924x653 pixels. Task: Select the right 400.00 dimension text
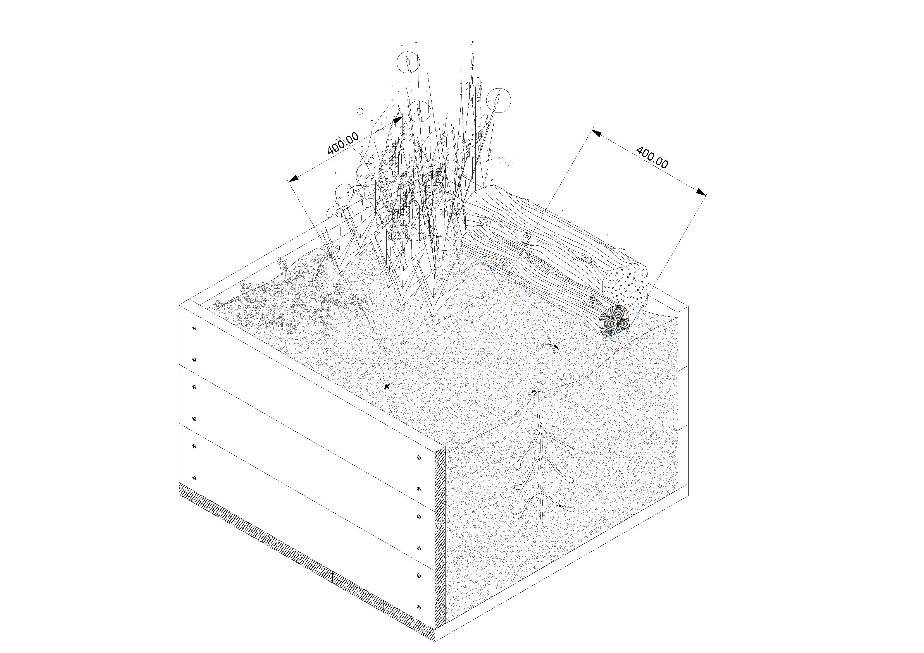tap(652, 158)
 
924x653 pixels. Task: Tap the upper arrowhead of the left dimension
tap(397, 120)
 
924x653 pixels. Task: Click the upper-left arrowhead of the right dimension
tap(597, 133)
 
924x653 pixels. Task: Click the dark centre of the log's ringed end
tap(618, 324)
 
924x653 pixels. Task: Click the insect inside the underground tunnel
tap(561, 506)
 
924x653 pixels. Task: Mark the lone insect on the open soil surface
tap(387, 387)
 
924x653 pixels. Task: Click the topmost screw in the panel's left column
tap(194, 328)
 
